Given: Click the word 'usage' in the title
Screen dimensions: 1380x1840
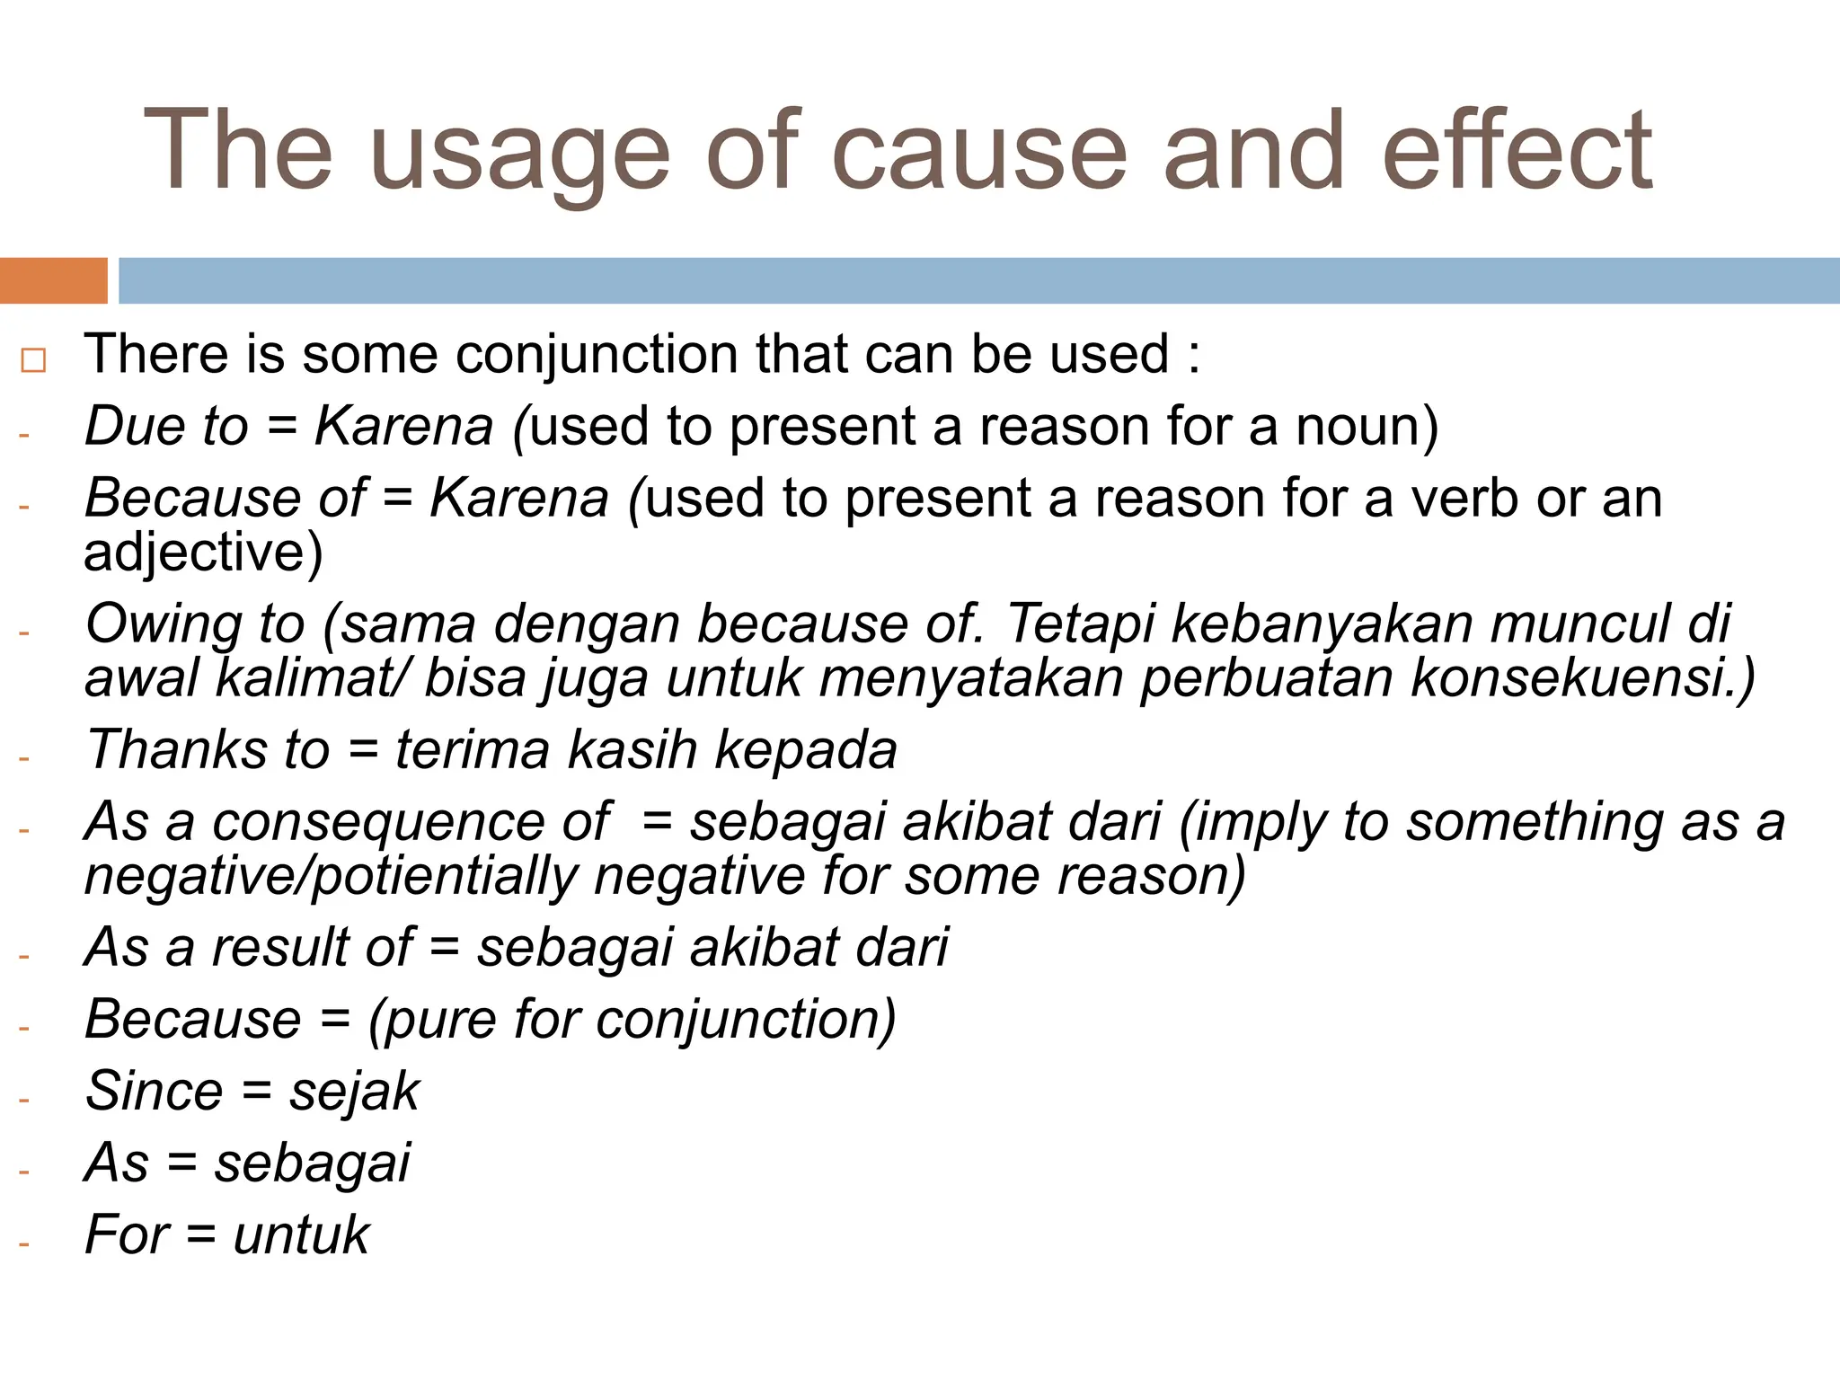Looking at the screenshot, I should [520, 153].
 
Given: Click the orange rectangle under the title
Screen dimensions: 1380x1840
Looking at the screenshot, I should [53, 280].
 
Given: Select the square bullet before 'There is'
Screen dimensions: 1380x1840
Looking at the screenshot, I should [33, 360].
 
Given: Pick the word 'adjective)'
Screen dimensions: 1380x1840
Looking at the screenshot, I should [203, 552].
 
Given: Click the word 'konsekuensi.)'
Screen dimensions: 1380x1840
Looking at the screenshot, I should [1582, 677].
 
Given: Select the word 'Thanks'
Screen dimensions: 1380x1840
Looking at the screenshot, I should [176, 749].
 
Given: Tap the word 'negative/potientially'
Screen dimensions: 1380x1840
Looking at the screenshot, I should [331, 876].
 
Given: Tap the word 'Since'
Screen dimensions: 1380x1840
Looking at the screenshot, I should [154, 1091].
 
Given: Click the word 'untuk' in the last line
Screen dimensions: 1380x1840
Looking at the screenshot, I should [301, 1235].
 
